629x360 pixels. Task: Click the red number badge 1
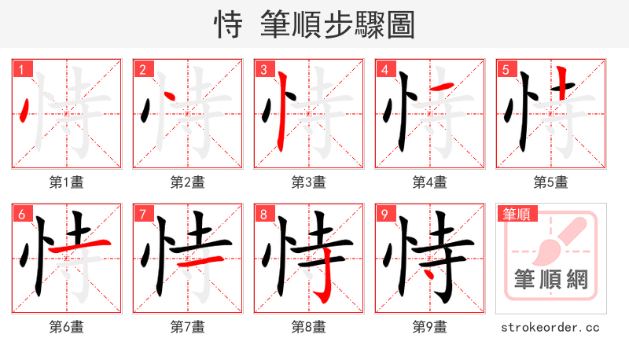21,69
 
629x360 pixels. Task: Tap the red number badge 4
384,69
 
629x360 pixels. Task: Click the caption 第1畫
67,182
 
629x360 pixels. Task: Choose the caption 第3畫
309,182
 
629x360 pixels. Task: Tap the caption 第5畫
551,182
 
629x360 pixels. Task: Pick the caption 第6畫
67,326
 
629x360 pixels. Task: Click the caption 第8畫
309,326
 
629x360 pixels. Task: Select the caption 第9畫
430,326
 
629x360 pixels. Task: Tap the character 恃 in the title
229,25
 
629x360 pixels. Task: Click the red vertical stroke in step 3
281,110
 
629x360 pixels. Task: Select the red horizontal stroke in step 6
76,246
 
